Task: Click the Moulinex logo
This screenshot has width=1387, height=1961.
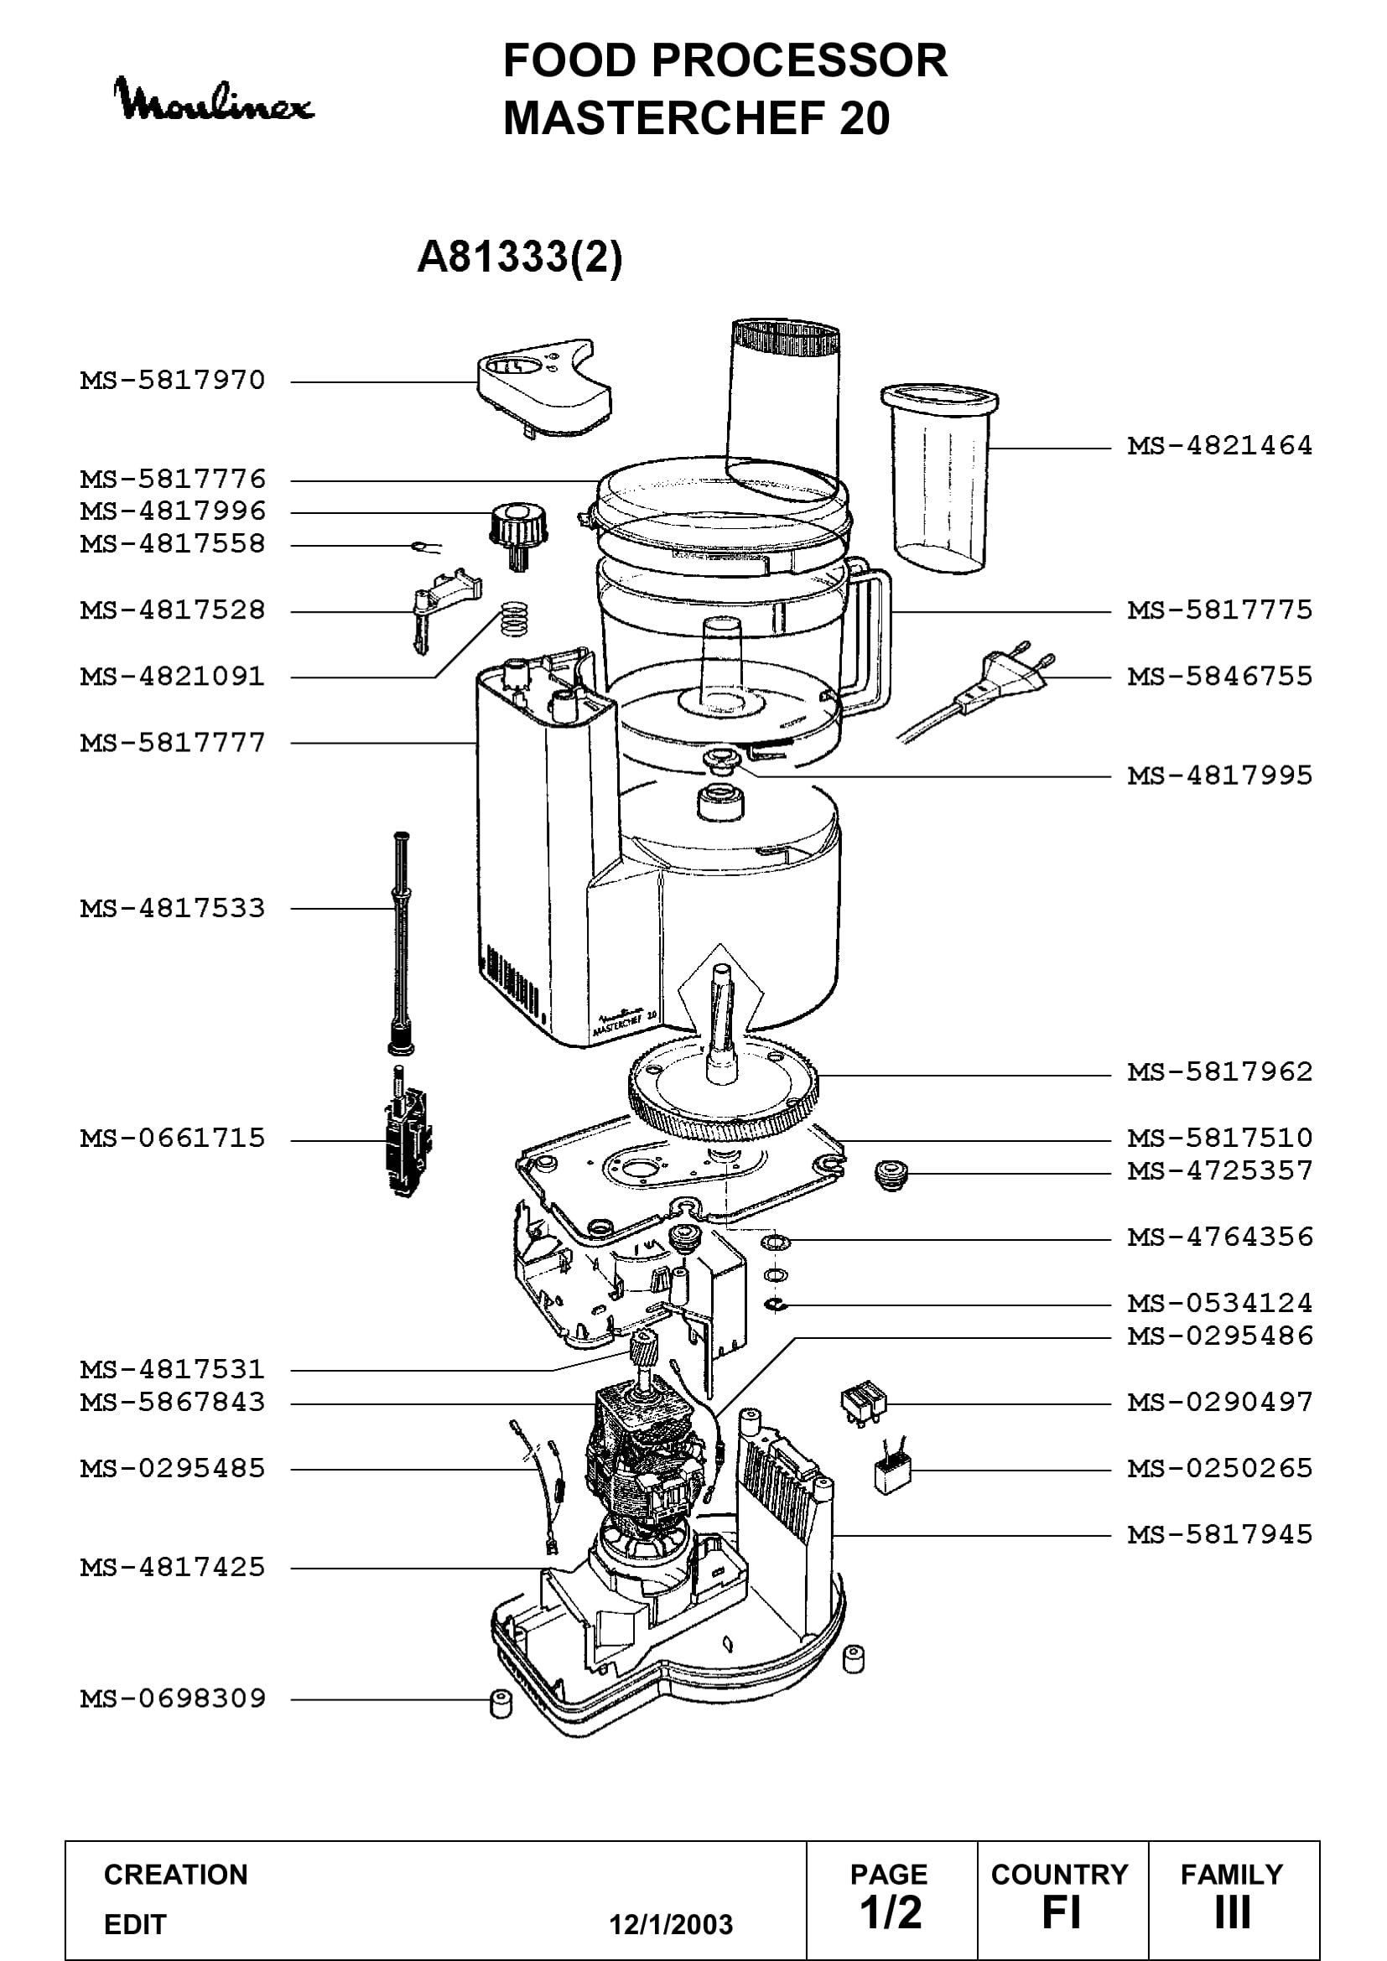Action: pyautogui.click(x=214, y=100)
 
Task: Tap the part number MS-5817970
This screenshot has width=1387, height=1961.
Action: pyautogui.click(x=173, y=380)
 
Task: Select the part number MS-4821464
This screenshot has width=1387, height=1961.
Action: pyautogui.click(x=1219, y=445)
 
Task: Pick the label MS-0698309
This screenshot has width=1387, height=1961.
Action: pyautogui.click(x=173, y=1698)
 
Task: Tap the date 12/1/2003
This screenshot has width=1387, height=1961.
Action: pyautogui.click(x=671, y=1924)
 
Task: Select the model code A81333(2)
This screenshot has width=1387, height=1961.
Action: pyautogui.click(x=519, y=257)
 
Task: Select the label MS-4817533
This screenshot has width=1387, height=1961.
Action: pyautogui.click(x=173, y=908)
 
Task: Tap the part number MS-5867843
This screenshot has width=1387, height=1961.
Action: pyautogui.click(x=173, y=1402)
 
